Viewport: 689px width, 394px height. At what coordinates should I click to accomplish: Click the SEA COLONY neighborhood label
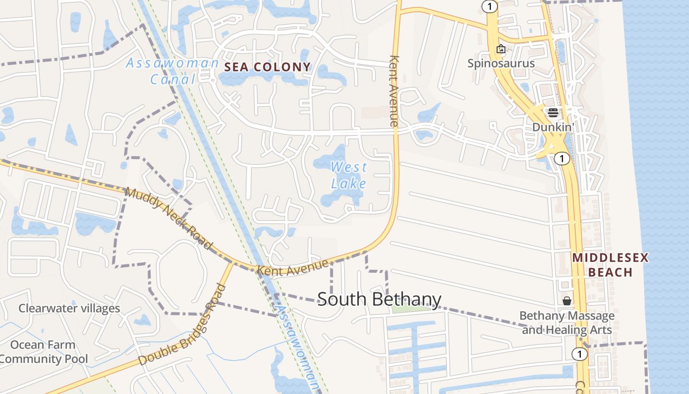(268, 67)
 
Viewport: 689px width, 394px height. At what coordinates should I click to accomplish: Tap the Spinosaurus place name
(501, 64)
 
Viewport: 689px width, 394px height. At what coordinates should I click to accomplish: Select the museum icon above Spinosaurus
(501, 49)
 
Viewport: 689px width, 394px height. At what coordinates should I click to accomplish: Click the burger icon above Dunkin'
(553, 112)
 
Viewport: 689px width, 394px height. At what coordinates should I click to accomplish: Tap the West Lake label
(348, 175)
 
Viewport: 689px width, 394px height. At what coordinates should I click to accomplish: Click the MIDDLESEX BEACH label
(610, 265)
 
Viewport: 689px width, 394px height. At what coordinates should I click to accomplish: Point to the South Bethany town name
(379, 299)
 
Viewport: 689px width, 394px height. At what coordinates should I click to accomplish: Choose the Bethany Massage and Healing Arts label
(567, 323)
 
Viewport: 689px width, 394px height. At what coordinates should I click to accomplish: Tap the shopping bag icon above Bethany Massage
(567, 300)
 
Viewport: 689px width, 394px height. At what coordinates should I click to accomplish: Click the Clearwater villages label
(69, 308)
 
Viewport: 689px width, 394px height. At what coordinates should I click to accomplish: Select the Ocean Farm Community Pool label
(43, 352)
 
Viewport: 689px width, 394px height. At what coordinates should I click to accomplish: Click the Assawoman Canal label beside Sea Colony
(172, 70)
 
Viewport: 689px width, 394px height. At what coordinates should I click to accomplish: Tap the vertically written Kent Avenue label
(393, 91)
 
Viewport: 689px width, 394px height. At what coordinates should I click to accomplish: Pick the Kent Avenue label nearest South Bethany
(292, 267)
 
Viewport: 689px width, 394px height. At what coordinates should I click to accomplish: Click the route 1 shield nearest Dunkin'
(561, 159)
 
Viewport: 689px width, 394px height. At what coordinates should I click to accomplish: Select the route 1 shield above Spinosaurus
(490, 6)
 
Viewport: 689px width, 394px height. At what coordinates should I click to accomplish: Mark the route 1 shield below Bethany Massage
(580, 354)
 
